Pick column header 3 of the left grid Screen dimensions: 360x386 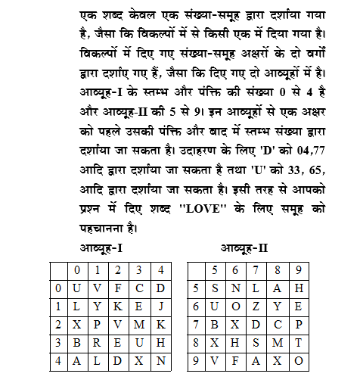[139, 268]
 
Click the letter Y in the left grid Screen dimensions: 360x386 [97, 307]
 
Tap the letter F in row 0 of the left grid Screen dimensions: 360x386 [118, 288]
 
